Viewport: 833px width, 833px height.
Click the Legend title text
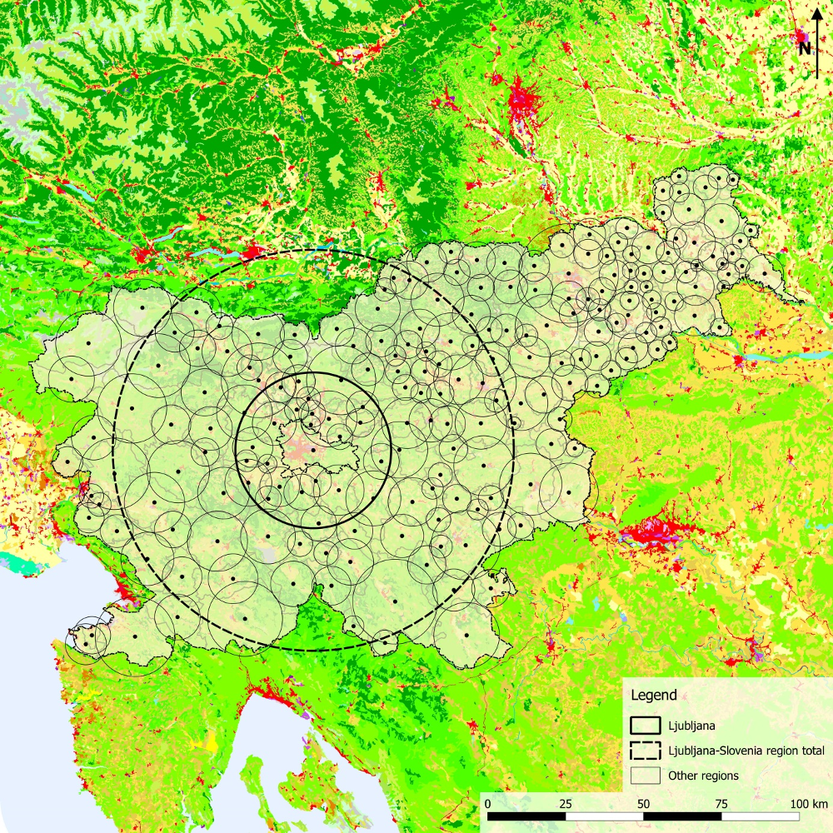(x=654, y=695)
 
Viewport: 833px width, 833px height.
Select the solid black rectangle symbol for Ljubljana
(x=645, y=725)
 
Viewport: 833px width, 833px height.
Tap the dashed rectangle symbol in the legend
(x=645, y=751)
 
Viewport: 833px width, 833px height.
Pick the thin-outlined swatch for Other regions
(x=645, y=776)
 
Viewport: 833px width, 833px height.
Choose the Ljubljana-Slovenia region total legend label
(x=746, y=751)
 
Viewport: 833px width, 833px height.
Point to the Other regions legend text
(x=703, y=776)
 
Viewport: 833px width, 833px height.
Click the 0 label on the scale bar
(x=487, y=804)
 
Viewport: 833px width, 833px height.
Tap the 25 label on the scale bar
(x=566, y=804)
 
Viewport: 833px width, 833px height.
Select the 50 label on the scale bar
(x=644, y=804)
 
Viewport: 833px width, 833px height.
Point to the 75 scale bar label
(x=722, y=804)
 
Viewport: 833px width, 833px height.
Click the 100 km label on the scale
(x=808, y=804)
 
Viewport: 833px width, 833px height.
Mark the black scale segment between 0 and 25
(x=526, y=816)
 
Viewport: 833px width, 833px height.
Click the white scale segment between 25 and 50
(x=605, y=816)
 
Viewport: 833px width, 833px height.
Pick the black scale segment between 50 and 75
(x=683, y=816)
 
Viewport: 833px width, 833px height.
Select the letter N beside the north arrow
(x=805, y=48)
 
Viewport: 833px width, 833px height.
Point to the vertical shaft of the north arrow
(x=817, y=54)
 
